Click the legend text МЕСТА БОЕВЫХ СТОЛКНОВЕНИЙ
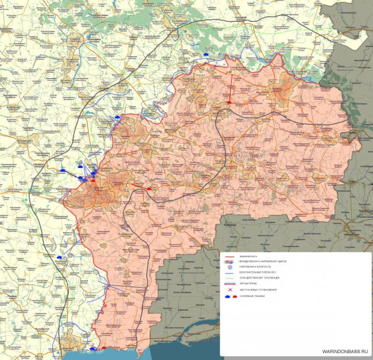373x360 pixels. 258,290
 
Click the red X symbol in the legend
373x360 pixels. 230,290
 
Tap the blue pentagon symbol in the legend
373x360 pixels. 230,266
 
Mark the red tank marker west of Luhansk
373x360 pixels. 230,103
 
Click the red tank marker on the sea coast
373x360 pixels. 104,348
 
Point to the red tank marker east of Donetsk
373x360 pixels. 150,187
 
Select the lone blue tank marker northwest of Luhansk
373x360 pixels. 205,54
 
